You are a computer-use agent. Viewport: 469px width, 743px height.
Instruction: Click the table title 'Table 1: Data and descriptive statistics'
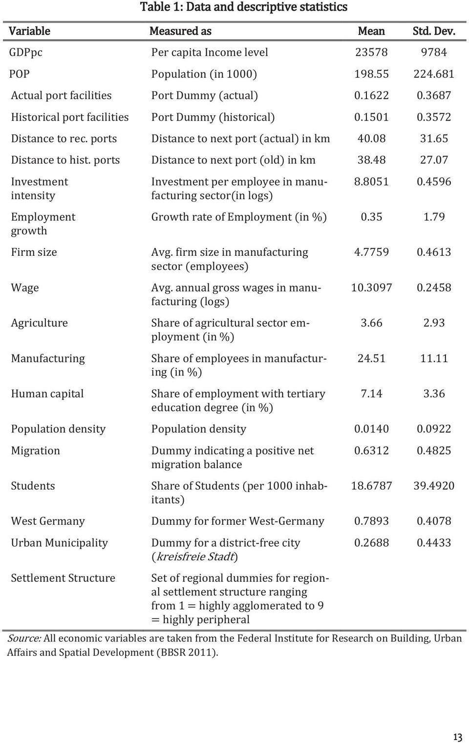pos(244,7)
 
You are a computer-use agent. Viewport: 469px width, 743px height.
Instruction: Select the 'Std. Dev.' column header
pos(434,31)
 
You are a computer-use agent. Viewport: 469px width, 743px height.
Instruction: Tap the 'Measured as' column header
pos(180,31)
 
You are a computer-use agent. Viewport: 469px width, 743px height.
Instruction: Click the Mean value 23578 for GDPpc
pos(371,52)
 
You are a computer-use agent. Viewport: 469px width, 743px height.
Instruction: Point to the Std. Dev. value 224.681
pos(433,74)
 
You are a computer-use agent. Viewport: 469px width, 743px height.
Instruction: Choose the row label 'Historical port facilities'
pos(70,118)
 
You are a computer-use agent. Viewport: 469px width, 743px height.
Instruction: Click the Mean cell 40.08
pos(371,139)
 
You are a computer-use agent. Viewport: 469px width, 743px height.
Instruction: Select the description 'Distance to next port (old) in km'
pos(233,160)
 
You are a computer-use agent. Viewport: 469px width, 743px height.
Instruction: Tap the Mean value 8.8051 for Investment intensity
pos(371,182)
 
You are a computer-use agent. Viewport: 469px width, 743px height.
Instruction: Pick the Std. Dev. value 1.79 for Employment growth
pos(434,217)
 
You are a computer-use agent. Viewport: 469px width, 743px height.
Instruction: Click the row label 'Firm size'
pos(34,252)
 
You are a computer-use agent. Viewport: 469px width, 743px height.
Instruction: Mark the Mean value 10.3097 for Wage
pos(371,288)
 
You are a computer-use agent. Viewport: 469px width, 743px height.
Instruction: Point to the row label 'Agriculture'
pos(39,323)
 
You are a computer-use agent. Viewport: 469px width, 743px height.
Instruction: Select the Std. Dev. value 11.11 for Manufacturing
pos(434,359)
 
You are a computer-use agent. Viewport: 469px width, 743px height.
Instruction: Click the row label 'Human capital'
pos(47,394)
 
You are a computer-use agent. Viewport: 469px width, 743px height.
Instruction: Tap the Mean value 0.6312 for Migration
pos(371,451)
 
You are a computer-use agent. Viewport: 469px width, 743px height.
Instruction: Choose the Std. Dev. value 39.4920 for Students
pos(433,486)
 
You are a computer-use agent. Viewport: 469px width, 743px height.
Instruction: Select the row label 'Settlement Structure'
pos(63,578)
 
